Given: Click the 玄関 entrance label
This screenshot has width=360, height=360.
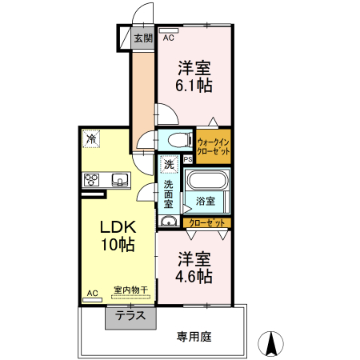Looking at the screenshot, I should pos(142,38).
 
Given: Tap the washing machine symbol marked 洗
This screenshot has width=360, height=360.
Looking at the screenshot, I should pos(169,165).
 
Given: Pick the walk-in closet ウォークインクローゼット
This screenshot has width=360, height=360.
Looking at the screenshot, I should pos(214,146).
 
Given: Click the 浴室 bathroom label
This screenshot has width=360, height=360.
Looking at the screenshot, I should pos(205,201).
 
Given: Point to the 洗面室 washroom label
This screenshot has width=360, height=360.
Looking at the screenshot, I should pos(169,193).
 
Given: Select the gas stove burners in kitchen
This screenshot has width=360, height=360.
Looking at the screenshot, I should pos(91,180).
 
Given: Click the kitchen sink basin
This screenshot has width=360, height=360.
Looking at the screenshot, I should pos(119,180).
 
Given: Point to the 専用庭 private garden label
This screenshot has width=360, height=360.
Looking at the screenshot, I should pos(194,337).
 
